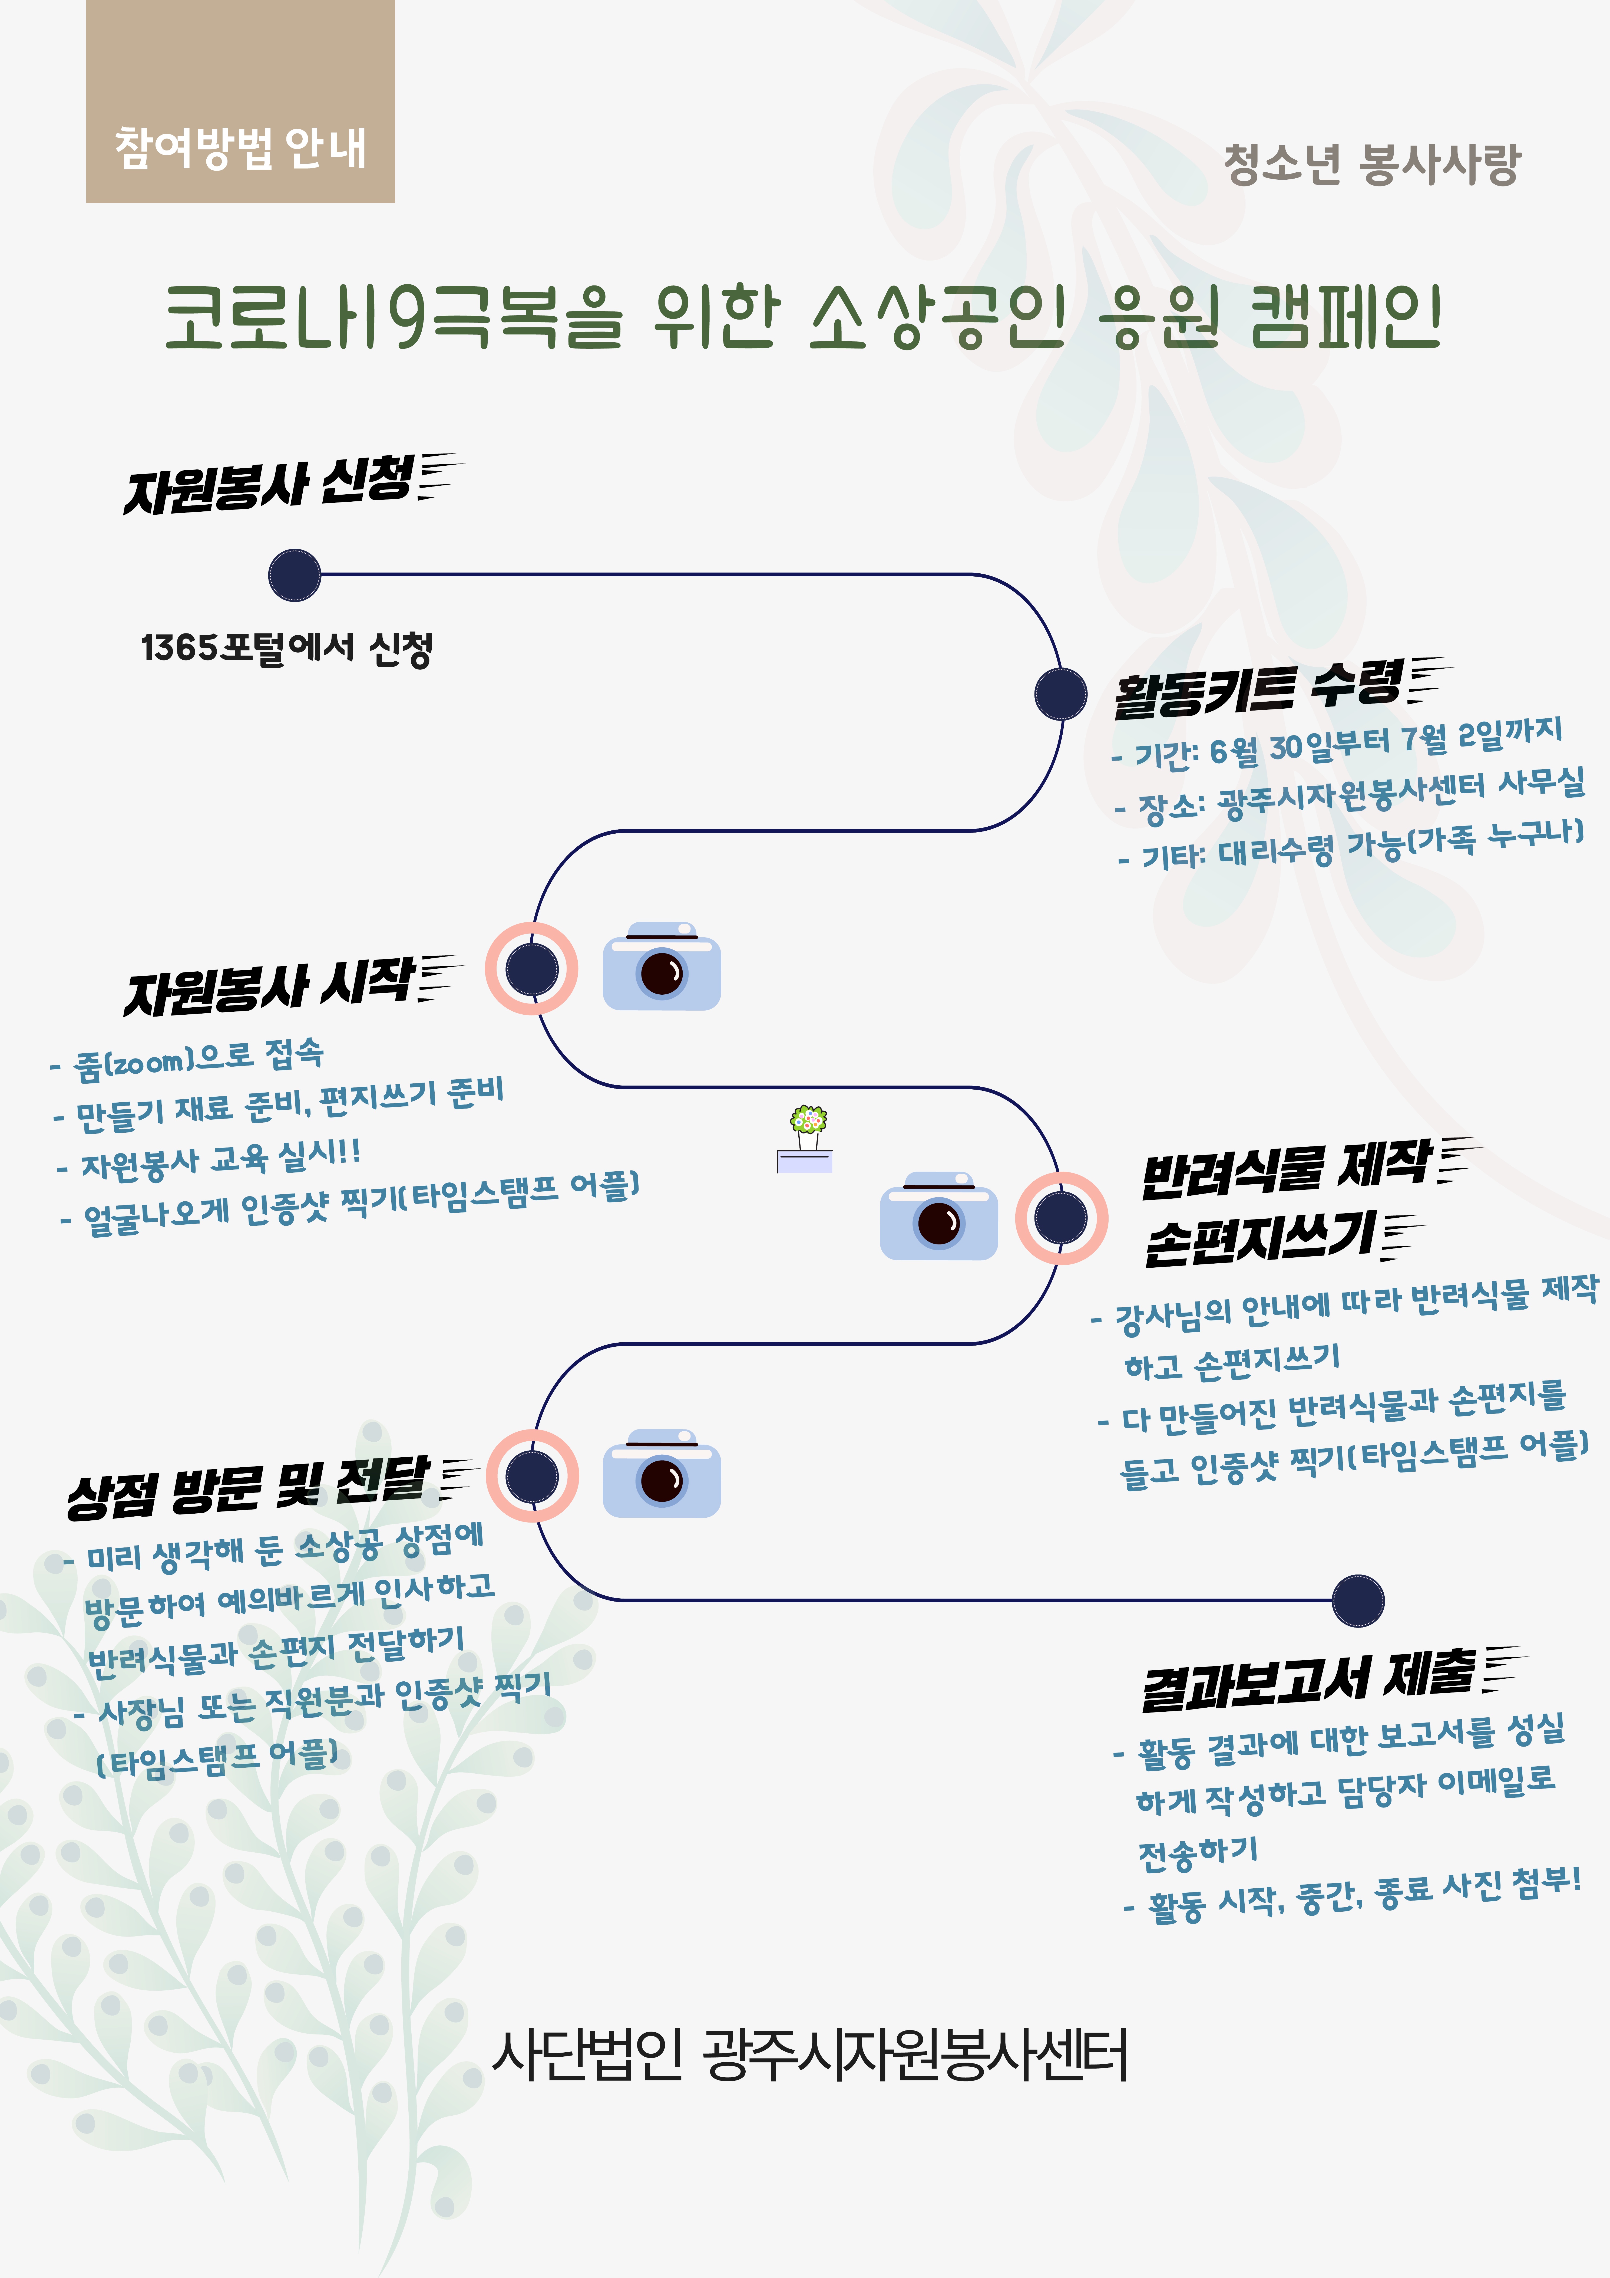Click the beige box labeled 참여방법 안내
click(x=240, y=101)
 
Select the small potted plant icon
click(x=805, y=1139)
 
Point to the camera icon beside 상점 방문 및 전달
click(x=662, y=1473)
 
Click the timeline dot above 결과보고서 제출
click(x=1358, y=1600)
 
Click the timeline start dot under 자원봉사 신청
click(x=295, y=574)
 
